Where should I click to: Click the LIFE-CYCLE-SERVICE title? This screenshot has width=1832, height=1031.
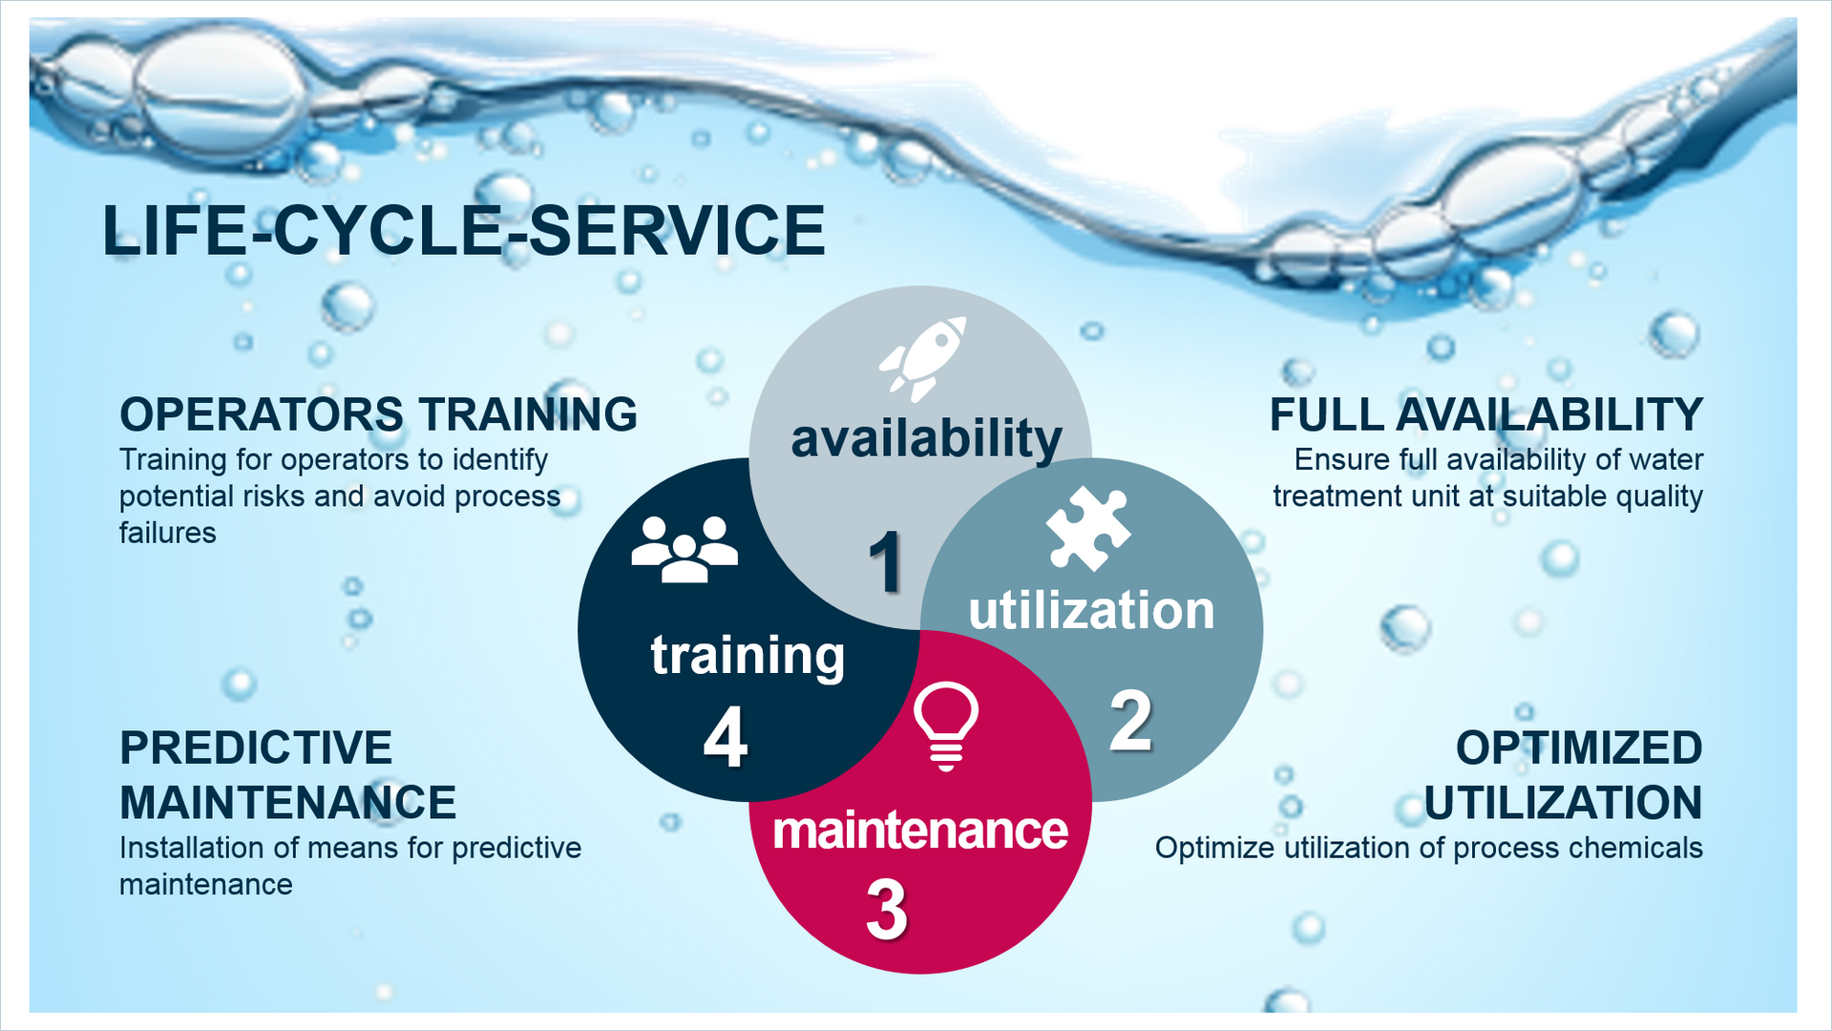coord(464,230)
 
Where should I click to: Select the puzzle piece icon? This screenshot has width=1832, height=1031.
coord(1088,528)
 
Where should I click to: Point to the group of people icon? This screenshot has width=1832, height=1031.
coord(684,549)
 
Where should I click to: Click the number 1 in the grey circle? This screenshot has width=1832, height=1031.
coord(886,562)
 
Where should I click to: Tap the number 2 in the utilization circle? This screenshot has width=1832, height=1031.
coord(1131,721)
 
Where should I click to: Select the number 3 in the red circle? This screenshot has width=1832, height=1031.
coord(887,909)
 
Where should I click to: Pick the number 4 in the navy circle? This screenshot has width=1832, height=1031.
coord(726,738)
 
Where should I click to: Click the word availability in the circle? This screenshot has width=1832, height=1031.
coord(926,439)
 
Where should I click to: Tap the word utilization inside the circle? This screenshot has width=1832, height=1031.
coord(1091,610)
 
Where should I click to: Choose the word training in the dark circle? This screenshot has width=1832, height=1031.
coord(748,656)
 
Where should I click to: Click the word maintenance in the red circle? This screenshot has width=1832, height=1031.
coord(920,830)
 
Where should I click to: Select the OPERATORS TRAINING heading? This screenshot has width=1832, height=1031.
coord(378,414)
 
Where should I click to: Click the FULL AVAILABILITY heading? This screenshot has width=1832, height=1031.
coord(1486,414)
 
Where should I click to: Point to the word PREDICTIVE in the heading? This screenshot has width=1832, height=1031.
coord(256,747)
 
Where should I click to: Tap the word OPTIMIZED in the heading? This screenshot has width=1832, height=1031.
coord(1579,747)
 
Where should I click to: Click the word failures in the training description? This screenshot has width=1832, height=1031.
coord(168,533)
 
